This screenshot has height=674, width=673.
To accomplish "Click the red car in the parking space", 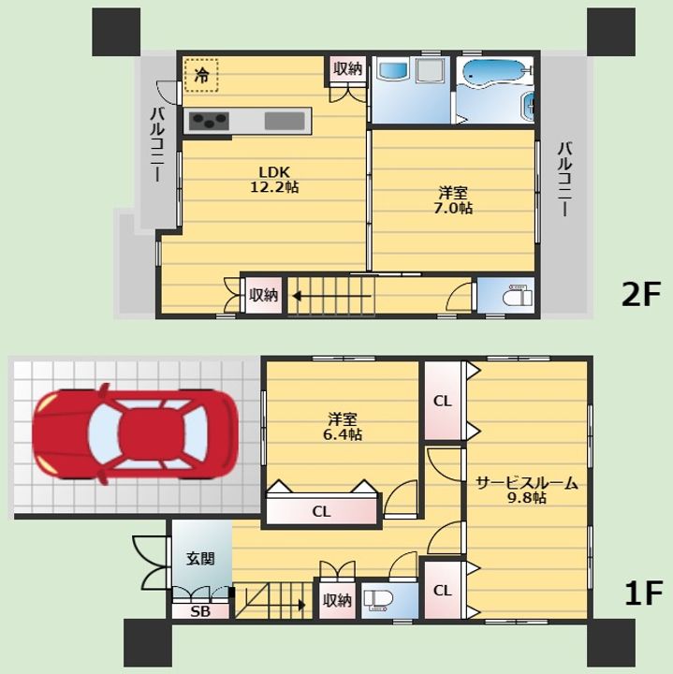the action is (x=136, y=433).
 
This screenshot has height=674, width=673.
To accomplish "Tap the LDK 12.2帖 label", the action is (x=274, y=180).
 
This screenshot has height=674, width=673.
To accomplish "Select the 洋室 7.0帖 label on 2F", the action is (x=453, y=200).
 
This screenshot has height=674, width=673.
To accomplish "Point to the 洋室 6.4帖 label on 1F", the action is (x=343, y=427).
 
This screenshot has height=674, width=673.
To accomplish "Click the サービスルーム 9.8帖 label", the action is (x=526, y=490).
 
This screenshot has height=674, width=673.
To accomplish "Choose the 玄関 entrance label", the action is (x=200, y=558).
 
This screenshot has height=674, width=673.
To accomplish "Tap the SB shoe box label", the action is (x=200, y=611).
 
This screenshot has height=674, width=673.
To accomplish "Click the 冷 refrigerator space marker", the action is (x=201, y=75).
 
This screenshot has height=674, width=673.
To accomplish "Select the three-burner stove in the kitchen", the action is (x=210, y=121).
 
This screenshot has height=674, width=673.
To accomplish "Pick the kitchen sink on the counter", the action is (x=285, y=121).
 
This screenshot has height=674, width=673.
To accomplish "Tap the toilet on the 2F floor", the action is (x=518, y=295).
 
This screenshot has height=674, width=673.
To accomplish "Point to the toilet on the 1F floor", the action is (x=379, y=600).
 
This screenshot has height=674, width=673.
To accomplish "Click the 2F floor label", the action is (x=640, y=295).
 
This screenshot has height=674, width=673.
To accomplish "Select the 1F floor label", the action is (x=643, y=593).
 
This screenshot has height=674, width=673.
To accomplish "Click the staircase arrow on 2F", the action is (x=331, y=296).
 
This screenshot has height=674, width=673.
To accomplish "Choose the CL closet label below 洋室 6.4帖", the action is (x=321, y=511).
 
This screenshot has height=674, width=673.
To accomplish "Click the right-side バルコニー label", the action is (x=564, y=179).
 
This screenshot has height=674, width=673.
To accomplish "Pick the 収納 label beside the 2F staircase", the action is (x=264, y=295).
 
